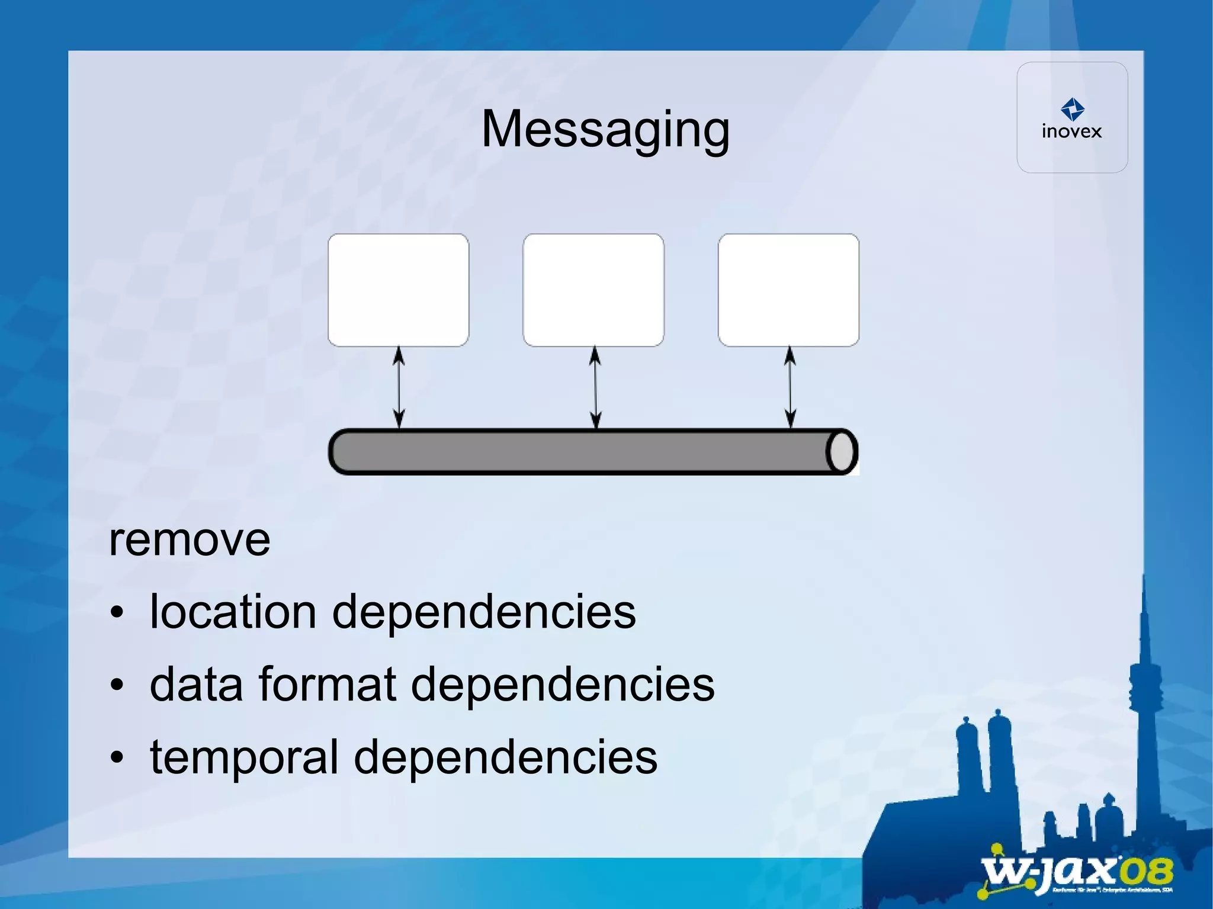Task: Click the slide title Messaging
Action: (605, 129)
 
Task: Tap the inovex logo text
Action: (1071, 131)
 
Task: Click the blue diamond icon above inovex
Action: (1072, 109)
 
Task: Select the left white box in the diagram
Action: (398, 290)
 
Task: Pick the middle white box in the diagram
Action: (593, 290)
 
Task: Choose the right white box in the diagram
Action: (788, 290)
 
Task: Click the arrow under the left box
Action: (399, 387)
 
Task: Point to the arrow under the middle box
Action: (595, 387)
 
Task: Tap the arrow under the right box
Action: (790, 387)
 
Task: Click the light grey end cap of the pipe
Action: (842, 452)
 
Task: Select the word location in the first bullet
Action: (233, 611)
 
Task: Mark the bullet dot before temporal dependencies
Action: (117, 757)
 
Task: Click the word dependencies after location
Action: (483, 612)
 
